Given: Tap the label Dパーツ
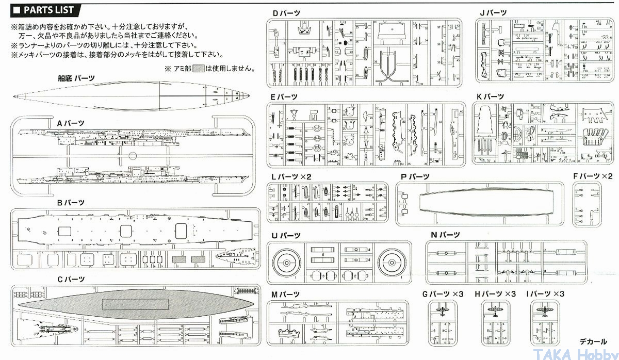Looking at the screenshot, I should (x=287, y=13).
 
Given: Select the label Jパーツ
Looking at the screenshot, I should (x=493, y=13).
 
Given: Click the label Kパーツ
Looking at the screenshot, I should (x=491, y=96).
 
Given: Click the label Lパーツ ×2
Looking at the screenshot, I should (x=291, y=176).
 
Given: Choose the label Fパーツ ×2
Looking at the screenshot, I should (x=592, y=176).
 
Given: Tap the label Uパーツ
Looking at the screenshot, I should (x=286, y=235).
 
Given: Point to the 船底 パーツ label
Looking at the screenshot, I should (x=76, y=78).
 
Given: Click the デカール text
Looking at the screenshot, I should (x=593, y=341).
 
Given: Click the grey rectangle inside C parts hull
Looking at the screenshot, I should (x=135, y=304).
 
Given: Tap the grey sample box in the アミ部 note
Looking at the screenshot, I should (x=199, y=68).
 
